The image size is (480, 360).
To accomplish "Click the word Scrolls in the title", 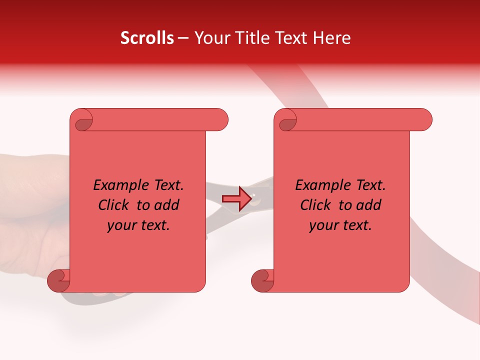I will point(147,38).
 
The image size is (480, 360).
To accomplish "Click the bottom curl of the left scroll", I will point(58,281).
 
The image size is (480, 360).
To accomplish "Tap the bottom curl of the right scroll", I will point(261,281).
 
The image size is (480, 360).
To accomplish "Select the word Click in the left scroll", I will point(114,205).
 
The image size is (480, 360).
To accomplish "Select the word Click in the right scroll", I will point(315,205).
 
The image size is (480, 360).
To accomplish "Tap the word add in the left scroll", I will point(167,205).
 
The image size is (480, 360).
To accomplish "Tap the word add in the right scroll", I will point(369,205).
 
